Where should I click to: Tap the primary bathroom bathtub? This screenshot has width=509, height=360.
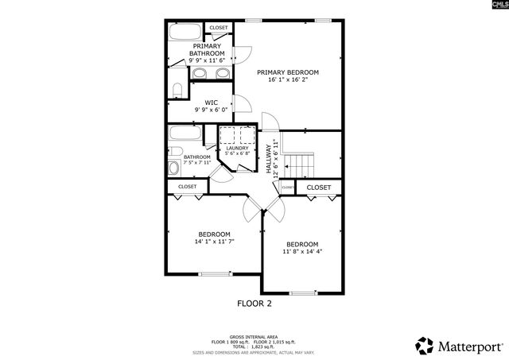pyautogui.click(x=186, y=33)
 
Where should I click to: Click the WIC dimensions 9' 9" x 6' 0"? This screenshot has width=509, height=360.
pyautogui.click(x=212, y=110)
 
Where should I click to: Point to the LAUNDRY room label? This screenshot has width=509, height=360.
pyautogui.click(x=237, y=148)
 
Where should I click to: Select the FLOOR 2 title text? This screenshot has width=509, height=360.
pyautogui.click(x=254, y=304)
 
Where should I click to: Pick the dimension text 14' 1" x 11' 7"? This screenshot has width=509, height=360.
pyautogui.click(x=214, y=242)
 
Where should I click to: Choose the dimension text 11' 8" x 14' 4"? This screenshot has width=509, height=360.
pyautogui.click(x=302, y=251)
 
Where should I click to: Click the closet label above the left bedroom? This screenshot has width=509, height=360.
pyautogui.click(x=188, y=187)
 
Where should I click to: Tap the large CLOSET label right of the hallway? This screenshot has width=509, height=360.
pyautogui.click(x=318, y=188)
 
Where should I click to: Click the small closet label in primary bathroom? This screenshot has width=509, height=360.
pyautogui.click(x=219, y=28)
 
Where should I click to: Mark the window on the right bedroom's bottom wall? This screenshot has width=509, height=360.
pyautogui.click(x=303, y=293)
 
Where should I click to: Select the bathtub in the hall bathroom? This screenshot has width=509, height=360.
pyautogui.click(x=187, y=132)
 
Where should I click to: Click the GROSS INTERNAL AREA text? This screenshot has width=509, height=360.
pyautogui.click(x=254, y=337)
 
